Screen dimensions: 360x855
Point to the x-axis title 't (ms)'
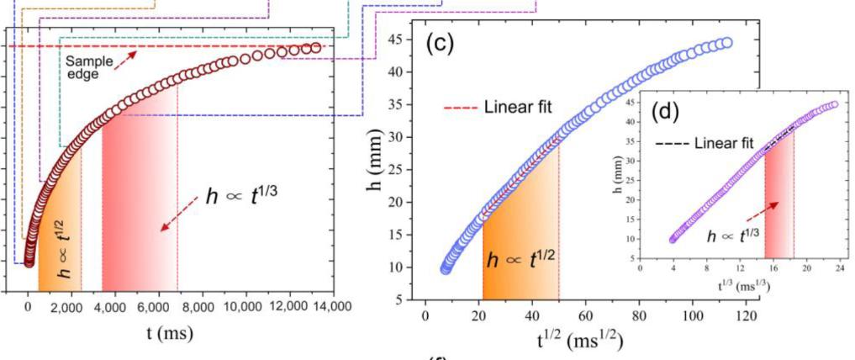(x=167, y=332)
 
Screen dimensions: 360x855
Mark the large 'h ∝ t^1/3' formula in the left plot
(x=243, y=196)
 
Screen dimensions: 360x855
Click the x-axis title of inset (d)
(x=740, y=285)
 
